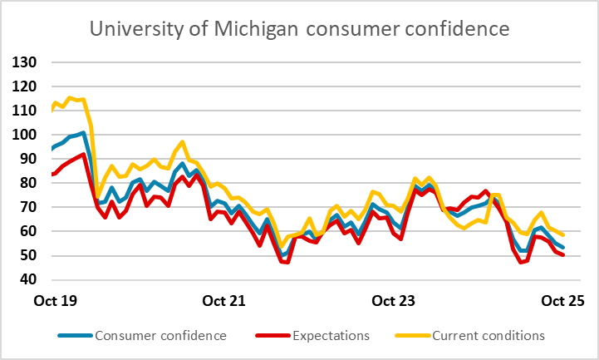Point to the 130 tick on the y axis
(26, 62)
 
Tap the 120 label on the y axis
(26, 86)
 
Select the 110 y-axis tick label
(26, 110)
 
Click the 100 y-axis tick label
(26, 135)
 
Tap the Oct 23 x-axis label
(395, 298)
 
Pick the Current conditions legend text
(484, 336)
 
